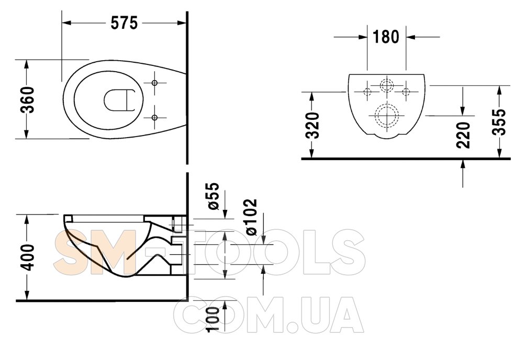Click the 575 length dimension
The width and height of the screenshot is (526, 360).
click(124, 23)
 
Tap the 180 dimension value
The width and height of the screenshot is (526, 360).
click(386, 37)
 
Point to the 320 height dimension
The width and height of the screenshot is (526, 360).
click(313, 126)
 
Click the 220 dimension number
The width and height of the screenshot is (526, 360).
click(463, 135)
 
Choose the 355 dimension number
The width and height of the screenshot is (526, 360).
click(499, 122)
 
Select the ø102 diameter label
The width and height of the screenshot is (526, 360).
click(251, 217)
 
